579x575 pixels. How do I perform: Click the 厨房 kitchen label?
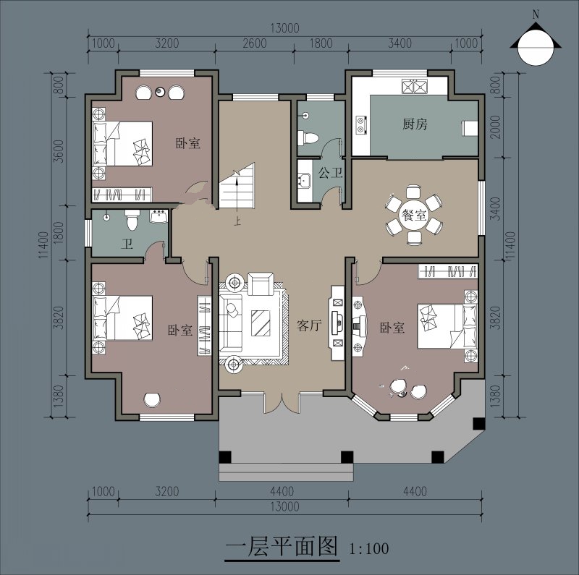pyautogui.click(x=415, y=124)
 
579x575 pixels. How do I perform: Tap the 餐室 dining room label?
pyautogui.click(x=414, y=215)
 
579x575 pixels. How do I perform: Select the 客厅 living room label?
pyautogui.click(x=310, y=325)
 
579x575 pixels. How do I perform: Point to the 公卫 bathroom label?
pyautogui.click(x=331, y=172)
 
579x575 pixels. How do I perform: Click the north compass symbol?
pyautogui.click(x=536, y=44)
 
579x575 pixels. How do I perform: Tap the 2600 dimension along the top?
pyautogui.click(x=255, y=43)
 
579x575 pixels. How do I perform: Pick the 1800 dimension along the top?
pyautogui.click(x=321, y=43)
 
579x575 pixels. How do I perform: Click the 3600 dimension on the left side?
pyautogui.click(x=59, y=151)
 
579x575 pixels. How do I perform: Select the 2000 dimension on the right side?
pyautogui.click(x=496, y=127)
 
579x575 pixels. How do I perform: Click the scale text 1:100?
pyautogui.click(x=369, y=549)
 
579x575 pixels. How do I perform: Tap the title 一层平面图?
pyautogui.click(x=282, y=546)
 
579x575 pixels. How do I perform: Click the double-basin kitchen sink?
pyautogui.click(x=415, y=86)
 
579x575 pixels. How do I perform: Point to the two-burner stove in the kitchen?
pyautogui.click(x=361, y=124)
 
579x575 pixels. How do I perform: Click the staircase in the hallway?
pyautogui.click(x=237, y=185)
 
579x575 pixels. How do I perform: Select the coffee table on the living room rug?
pyautogui.click(x=261, y=323)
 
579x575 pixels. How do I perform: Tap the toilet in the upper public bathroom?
pyautogui.click(x=308, y=138)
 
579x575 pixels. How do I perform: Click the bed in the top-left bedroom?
pyautogui.click(x=122, y=143)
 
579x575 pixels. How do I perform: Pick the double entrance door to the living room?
pyautogui.click(x=282, y=403)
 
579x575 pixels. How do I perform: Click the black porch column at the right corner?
pyautogui.click(x=478, y=423)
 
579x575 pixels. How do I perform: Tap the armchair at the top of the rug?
pyautogui.click(x=261, y=284)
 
